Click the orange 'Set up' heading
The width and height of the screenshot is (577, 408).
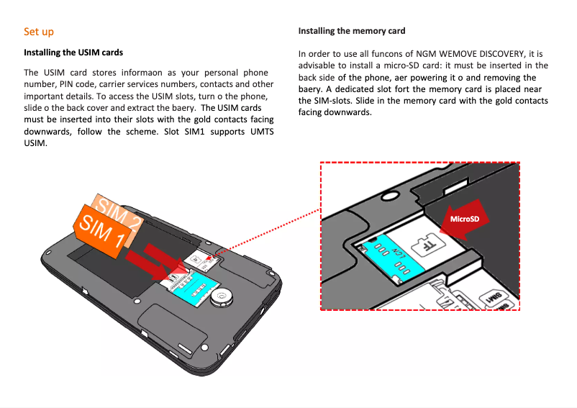click(x=38, y=32)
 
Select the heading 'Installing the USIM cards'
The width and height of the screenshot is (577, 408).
click(x=73, y=53)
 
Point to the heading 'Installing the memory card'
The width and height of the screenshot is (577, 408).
click(x=352, y=31)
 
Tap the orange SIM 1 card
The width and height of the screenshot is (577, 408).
click(x=101, y=231)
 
